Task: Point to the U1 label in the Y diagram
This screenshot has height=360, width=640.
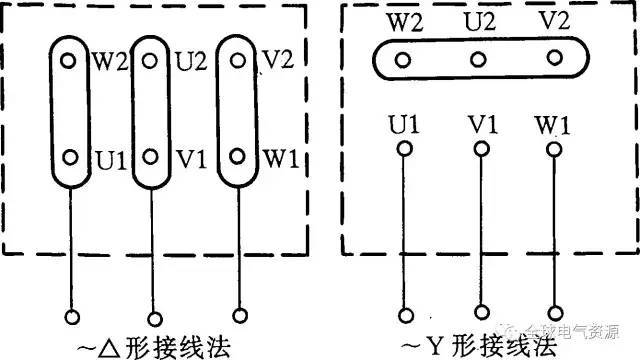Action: pos(404,127)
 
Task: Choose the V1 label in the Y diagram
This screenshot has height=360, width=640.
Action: pos(481,127)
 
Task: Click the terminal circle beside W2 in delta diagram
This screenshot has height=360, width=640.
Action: pos(67,60)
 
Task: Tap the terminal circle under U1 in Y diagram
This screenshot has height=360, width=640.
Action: pos(405,150)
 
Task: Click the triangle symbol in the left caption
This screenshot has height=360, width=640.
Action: pos(101,347)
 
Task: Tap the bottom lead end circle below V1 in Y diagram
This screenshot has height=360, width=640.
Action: pos(482,312)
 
